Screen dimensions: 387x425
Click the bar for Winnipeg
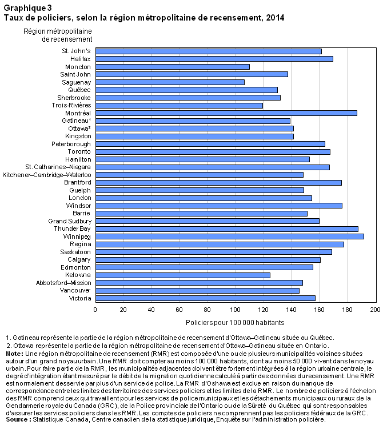[x=230, y=236]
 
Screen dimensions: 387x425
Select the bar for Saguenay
[x=170, y=82]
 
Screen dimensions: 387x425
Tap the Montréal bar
[x=226, y=113]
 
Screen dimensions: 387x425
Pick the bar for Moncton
[x=173, y=67]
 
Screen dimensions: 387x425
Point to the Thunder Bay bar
[x=227, y=229]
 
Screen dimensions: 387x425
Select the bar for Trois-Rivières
[x=179, y=106]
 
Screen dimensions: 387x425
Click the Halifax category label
[x=80, y=59]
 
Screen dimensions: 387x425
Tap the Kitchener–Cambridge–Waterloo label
[x=47, y=175]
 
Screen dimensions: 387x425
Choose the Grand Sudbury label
[x=70, y=221]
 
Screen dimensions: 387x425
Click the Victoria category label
[x=80, y=298]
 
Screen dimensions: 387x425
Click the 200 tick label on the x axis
[x=376, y=310]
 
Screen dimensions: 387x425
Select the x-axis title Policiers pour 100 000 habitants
[x=235, y=323]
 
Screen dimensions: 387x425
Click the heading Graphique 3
[x=27, y=8]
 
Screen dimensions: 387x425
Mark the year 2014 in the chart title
[x=275, y=18]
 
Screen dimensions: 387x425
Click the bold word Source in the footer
[x=17, y=420]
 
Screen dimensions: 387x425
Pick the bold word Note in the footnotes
[x=13, y=354]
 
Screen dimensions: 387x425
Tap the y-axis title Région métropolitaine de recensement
[x=58, y=35]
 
